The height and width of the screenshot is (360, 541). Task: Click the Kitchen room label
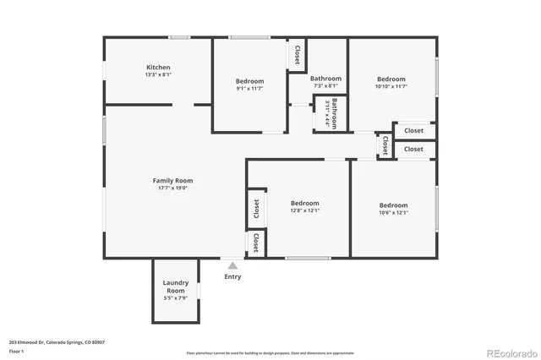pos(158,68)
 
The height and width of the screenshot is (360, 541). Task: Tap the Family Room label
pos(172,180)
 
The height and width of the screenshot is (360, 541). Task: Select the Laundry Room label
pos(176,286)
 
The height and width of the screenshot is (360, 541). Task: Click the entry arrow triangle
pos(232,265)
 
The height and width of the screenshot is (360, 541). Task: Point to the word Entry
pos(232,276)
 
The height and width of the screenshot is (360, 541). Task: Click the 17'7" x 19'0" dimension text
pos(172,188)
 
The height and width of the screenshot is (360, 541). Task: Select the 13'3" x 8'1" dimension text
pos(158,75)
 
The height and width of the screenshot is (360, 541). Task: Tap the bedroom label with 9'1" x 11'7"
pos(249,81)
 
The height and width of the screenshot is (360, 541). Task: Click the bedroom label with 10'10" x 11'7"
pos(391,79)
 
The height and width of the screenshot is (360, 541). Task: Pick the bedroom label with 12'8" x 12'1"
pos(304,203)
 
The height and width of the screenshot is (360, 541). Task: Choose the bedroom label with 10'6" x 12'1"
pos(393,205)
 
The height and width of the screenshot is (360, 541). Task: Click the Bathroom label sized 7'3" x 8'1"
pos(325,79)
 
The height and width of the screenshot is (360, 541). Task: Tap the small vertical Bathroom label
pos(335,113)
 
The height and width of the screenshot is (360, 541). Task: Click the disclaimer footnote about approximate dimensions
pos(270,352)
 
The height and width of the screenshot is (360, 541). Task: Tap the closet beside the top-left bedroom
pos(297,55)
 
